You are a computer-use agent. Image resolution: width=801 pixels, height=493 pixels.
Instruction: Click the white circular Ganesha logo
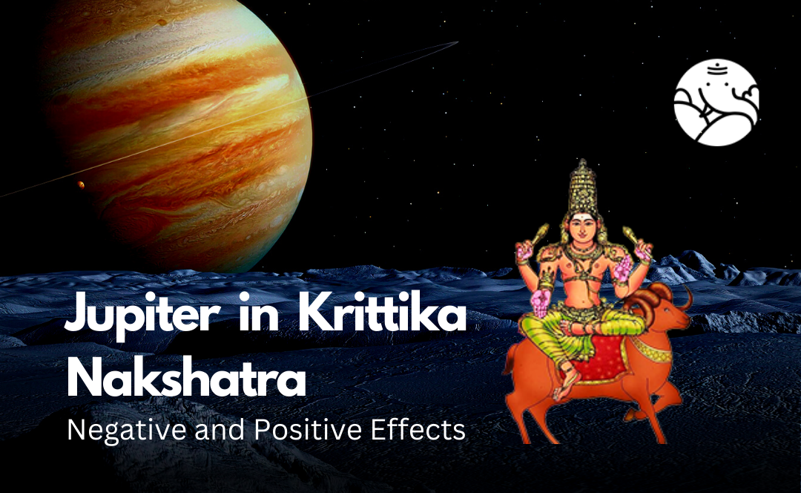[x=716, y=102]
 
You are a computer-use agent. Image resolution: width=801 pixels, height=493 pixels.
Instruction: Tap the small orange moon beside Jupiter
[x=81, y=184]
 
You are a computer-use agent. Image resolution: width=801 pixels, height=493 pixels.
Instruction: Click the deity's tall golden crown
[x=583, y=186]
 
